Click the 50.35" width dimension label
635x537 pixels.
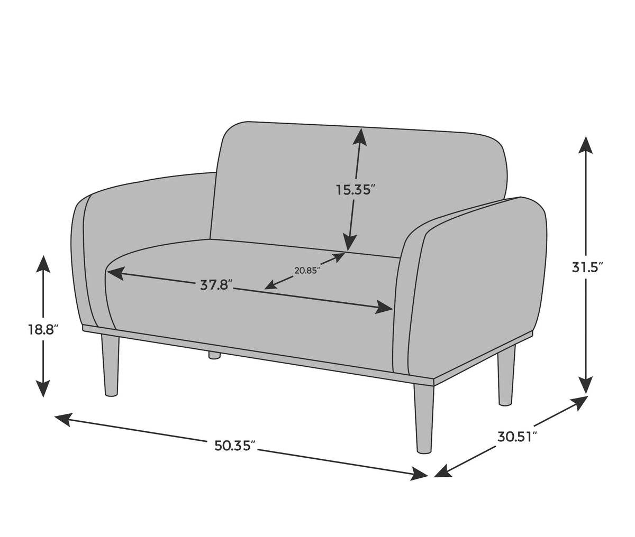(235, 446)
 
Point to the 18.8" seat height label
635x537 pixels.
(43, 330)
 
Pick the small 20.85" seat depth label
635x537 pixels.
(307, 270)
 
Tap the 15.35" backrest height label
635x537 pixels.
(356, 190)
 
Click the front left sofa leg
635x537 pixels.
(110, 365)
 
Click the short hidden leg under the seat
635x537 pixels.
(214, 356)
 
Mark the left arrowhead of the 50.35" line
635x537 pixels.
(64, 419)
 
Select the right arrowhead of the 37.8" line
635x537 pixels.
(384, 307)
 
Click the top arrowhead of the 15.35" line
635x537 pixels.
(360, 137)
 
